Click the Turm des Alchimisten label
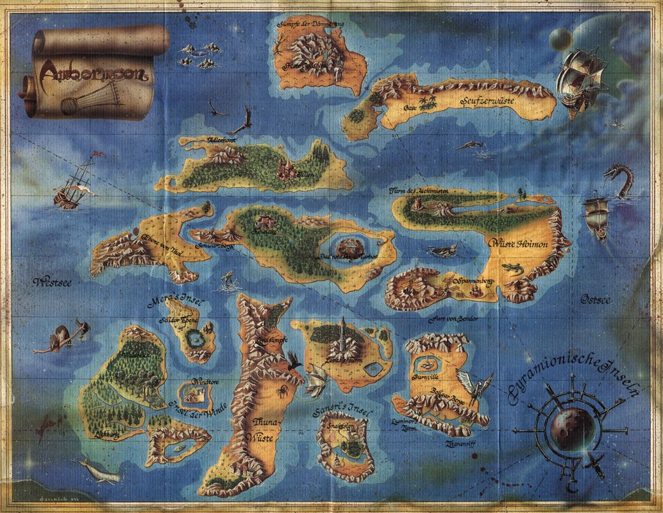[x=419, y=191]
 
